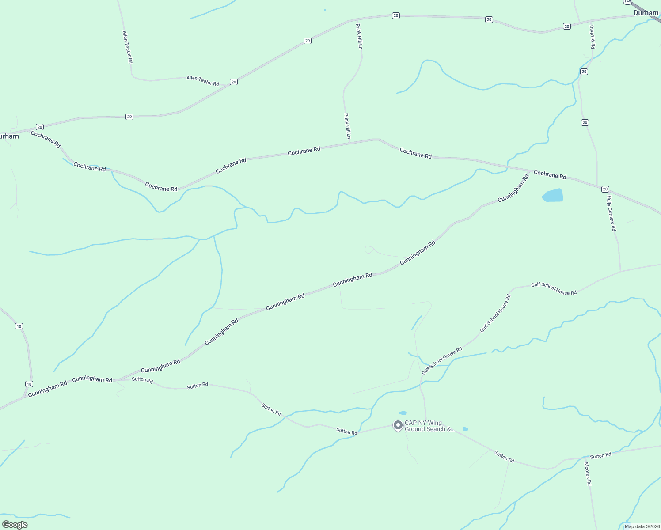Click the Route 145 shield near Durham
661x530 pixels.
click(x=627, y=2)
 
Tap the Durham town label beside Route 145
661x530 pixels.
click(x=646, y=13)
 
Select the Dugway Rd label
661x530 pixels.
click(x=592, y=37)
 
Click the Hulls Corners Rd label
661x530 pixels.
click(x=611, y=213)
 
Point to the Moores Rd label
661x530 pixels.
click(x=588, y=474)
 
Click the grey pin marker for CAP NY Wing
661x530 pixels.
click(x=398, y=425)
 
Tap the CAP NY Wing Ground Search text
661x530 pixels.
click(x=429, y=426)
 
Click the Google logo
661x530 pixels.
click(x=15, y=525)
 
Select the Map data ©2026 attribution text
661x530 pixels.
click(x=642, y=526)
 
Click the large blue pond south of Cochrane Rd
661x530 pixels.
click(x=553, y=195)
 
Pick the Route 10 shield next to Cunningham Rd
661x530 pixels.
click(x=29, y=384)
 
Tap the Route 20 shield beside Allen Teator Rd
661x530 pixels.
click(x=234, y=82)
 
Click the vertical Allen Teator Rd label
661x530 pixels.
click(x=127, y=47)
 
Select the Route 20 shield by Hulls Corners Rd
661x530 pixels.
click(x=605, y=189)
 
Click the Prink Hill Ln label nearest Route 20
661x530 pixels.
click(x=359, y=36)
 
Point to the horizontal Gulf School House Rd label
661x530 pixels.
click(x=554, y=288)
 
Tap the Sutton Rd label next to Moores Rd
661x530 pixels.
click(x=600, y=455)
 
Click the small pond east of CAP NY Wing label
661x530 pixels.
click(x=465, y=429)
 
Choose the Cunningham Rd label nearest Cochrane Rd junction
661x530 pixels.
click(x=513, y=189)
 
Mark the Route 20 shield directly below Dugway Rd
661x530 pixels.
click(x=584, y=72)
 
